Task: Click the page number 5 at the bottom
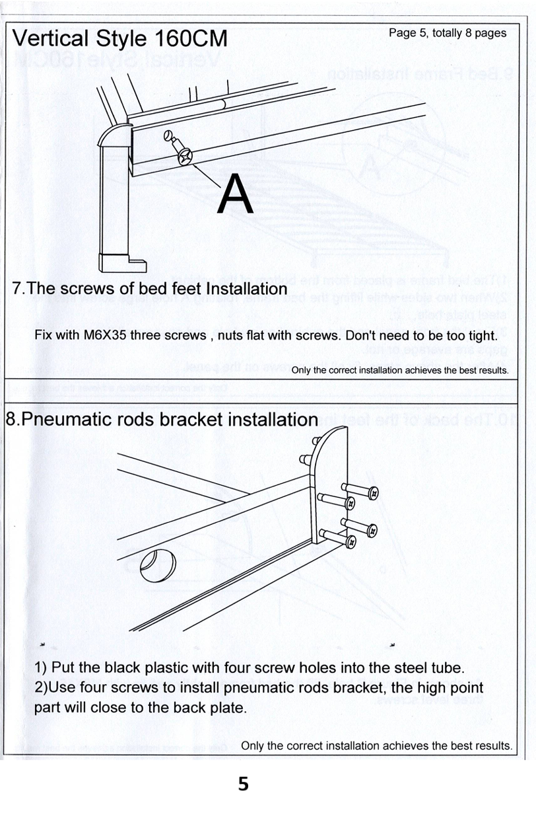[x=244, y=785]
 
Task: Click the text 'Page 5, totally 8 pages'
[x=448, y=33]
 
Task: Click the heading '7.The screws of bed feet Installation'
[x=150, y=289]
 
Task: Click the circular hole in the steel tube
[x=157, y=562]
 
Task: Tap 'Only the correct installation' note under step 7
[x=400, y=370]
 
